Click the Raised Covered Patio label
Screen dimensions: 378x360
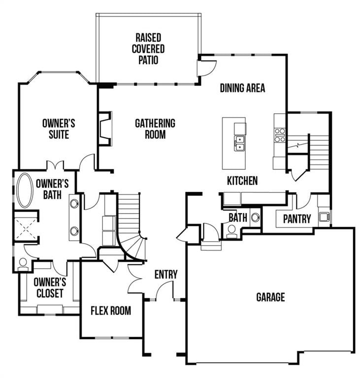pos(148,49)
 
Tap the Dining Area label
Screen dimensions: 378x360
pos(242,88)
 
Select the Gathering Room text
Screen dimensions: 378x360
pos(155,128)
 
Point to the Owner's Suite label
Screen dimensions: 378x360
pos(59,128)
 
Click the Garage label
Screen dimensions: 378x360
pos(270,297)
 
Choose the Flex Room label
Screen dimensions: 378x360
pos(111,311)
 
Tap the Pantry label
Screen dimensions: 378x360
pos(297,219)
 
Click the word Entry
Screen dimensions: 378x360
pos(166,275)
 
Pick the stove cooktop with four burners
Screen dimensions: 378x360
pos(280,135)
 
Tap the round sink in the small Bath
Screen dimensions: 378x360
pos(255,217)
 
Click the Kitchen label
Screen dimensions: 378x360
pos(242,181)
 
